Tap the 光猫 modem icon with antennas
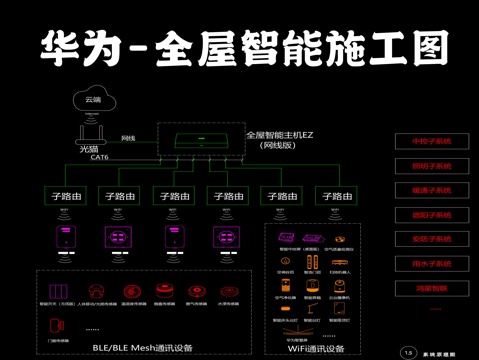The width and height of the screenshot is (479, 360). (x=91, y=133)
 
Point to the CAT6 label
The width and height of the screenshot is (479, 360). (x=99, y=157)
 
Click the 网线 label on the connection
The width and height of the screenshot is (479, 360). (x=128, y=138)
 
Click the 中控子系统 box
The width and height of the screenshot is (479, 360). (x=432, y=142)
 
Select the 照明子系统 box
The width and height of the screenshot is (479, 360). (x=432, y=166)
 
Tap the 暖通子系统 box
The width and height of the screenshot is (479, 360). (x=432, y=190)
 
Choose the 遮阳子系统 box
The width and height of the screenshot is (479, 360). (x=432, y=215)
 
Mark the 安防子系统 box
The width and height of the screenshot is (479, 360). (x=432, y=239)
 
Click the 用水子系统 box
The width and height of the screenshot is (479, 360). (x=432, y=263)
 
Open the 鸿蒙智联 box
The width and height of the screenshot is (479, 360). (x=432, y=287)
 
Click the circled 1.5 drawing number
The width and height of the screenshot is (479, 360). (x=408, y=352)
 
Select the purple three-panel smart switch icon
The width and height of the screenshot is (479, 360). (x=118, y=239)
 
